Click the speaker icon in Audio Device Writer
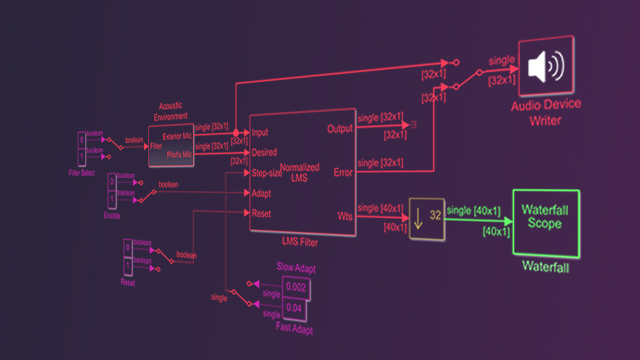[545, 67]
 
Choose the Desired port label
[265, 152]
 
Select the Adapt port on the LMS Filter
[263, 192]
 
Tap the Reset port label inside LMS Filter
[263, 212]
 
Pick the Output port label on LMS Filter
[340, 129]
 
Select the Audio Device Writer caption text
[546, 112]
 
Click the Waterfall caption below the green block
[546, 267]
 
